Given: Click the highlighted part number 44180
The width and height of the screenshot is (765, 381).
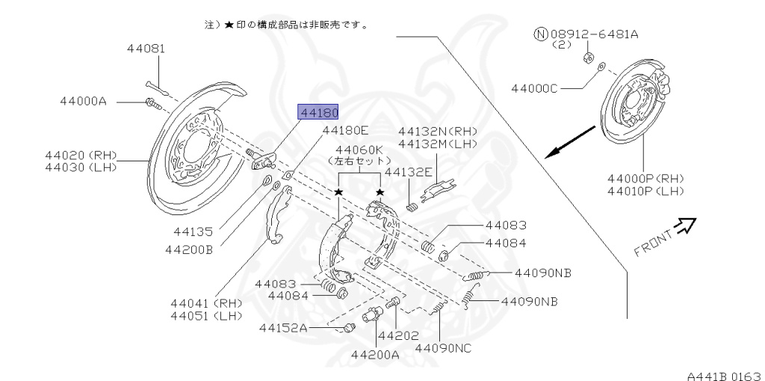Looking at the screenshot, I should (x=319, y=112).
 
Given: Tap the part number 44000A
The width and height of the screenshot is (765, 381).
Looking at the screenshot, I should (x=84, y=100).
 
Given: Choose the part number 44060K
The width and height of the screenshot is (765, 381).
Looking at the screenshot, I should (x=359, y=149).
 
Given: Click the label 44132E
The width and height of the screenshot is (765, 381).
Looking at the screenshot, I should (x=408, y=172).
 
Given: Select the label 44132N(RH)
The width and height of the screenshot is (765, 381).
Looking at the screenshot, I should (x=437, y=131).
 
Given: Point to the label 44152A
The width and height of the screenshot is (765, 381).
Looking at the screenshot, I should (x=283, y=327).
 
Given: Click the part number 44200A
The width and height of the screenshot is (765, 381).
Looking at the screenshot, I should (x=376, y=354).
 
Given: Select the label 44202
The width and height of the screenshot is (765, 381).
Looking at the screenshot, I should (x=398, y=336).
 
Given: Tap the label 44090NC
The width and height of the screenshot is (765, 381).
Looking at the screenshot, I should (x=443, y=347).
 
